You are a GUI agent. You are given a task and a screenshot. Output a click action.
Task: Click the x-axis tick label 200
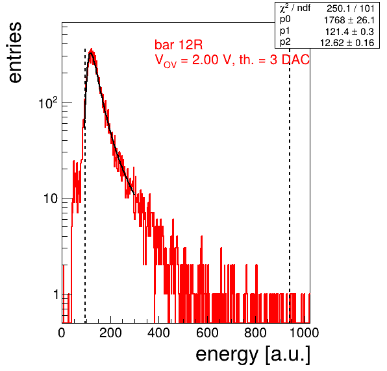(x=110, y=333)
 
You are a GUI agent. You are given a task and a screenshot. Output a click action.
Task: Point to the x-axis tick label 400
(x=158, y=333)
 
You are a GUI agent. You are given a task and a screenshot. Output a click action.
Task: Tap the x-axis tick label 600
(x=207, y=333)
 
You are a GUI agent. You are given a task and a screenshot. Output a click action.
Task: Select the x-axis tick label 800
(x=255, y=333)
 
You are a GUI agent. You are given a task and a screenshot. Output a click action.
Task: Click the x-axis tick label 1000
(x=304, y=333)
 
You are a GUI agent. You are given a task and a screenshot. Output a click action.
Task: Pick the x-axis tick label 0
(x=62, y=333)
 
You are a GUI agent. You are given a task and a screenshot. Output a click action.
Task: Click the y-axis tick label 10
(x=51, y=198)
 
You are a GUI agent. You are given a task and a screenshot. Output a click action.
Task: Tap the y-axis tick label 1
(x=56, y=294)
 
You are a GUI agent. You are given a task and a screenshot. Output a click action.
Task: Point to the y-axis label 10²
(x=48, y=102)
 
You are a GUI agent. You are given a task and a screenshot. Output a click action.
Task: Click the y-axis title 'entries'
(x=16, y=53)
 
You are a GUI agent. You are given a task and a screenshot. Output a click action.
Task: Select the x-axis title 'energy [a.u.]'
(x=253, y=355)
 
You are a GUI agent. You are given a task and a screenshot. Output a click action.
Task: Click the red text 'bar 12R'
(x=179, y=45)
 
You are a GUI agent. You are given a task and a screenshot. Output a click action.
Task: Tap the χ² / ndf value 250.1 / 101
(x=351, y=8)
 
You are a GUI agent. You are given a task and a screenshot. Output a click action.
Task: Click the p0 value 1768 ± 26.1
(x=349, y=20)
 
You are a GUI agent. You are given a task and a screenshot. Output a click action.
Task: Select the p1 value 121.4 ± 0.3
(x=350, y=32)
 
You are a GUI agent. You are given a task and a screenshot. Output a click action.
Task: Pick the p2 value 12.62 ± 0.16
(x=347, y=43)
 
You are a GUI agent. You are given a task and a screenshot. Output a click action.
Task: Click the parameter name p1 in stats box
(x=285, y=31)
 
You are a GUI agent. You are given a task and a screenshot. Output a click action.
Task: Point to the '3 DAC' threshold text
(x=289, y=60)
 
